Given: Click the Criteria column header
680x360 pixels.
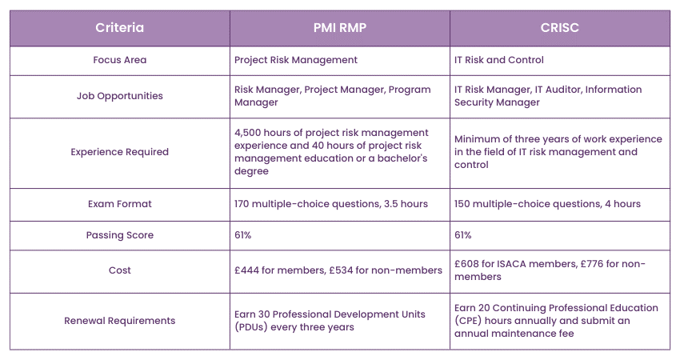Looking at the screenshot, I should [x=120, y=28].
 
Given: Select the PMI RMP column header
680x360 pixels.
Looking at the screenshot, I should [x=339, y=28].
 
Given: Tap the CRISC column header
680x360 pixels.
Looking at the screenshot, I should [x=559, y=28].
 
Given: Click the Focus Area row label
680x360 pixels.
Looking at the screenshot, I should [x=120, y=60].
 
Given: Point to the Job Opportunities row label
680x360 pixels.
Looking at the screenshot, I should [x=120, y=96].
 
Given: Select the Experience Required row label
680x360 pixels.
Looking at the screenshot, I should [x=120, y=152].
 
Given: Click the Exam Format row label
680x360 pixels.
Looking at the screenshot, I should [x=120, y=204].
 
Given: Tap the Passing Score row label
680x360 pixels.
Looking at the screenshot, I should [x=120, y=235].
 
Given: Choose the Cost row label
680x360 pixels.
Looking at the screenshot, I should [x=120, y=270].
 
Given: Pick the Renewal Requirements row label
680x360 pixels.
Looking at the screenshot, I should [x=120, y=321].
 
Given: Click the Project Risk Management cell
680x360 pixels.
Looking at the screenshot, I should [x=296, y=60].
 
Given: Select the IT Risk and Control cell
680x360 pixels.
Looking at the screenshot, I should [x=499, y=60].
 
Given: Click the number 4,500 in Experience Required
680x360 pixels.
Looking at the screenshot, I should [x=250, y=133].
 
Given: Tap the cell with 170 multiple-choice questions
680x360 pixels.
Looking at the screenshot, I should [x=330, y=204].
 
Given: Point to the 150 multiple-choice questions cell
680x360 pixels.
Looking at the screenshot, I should [x=547, y=204].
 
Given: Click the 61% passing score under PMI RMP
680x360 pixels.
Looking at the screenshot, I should [x=243, y=235].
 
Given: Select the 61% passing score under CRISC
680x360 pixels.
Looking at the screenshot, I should [x=463, y=235].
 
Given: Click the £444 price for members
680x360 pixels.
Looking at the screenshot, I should [x=249, y=270].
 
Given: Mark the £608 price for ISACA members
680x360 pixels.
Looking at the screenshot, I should [x=469, y=264].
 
